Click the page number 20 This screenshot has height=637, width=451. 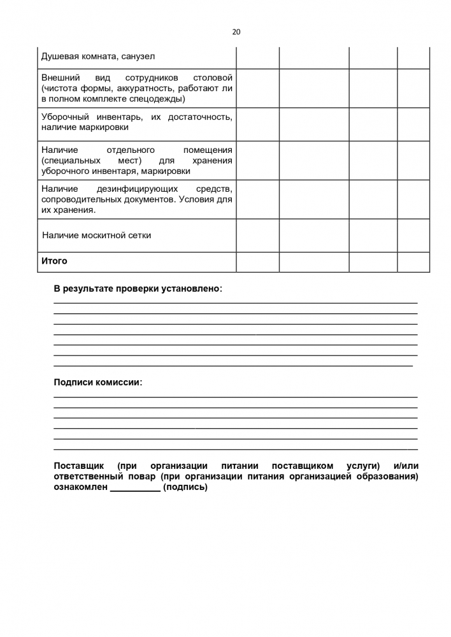[236, 32]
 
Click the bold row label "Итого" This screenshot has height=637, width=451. [54, 261]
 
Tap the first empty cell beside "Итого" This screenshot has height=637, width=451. [257, 262]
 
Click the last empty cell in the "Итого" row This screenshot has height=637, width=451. [413, 262]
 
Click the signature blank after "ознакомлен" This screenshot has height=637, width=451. [135, 488]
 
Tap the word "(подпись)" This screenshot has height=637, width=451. [185, 487]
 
